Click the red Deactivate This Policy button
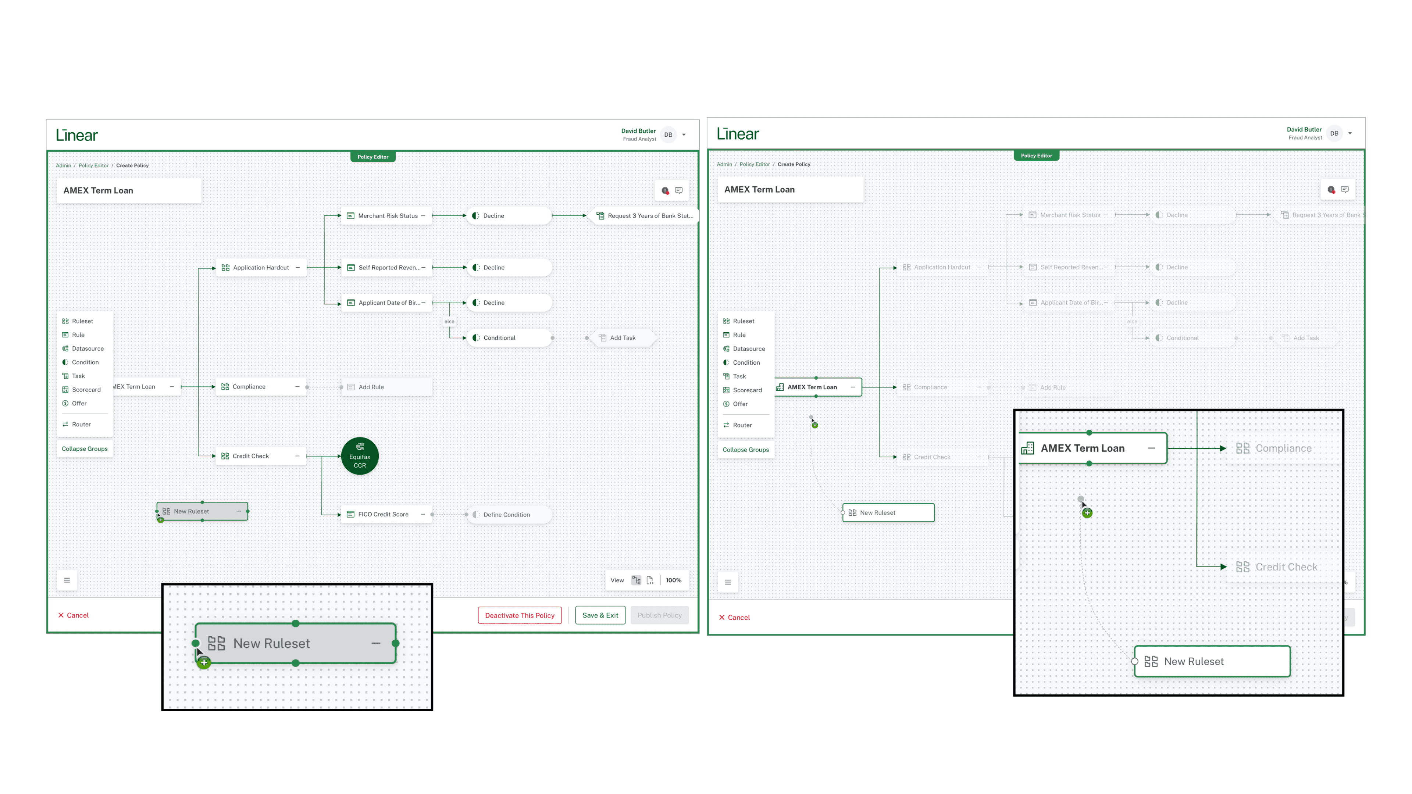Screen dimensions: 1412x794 point(519,615)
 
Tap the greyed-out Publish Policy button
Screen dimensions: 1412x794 point(659,615)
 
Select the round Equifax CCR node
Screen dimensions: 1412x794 point(360,456)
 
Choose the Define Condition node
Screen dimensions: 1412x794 point(506,515)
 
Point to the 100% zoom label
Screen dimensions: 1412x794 point(673,580)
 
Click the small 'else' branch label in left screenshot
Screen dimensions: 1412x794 point(449,322)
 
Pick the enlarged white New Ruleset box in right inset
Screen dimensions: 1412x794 point(1211,661)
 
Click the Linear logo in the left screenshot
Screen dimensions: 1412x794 point(77,135)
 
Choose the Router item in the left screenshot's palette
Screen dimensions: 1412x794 point(81,425)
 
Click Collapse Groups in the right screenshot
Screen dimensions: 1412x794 point(745,450)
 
